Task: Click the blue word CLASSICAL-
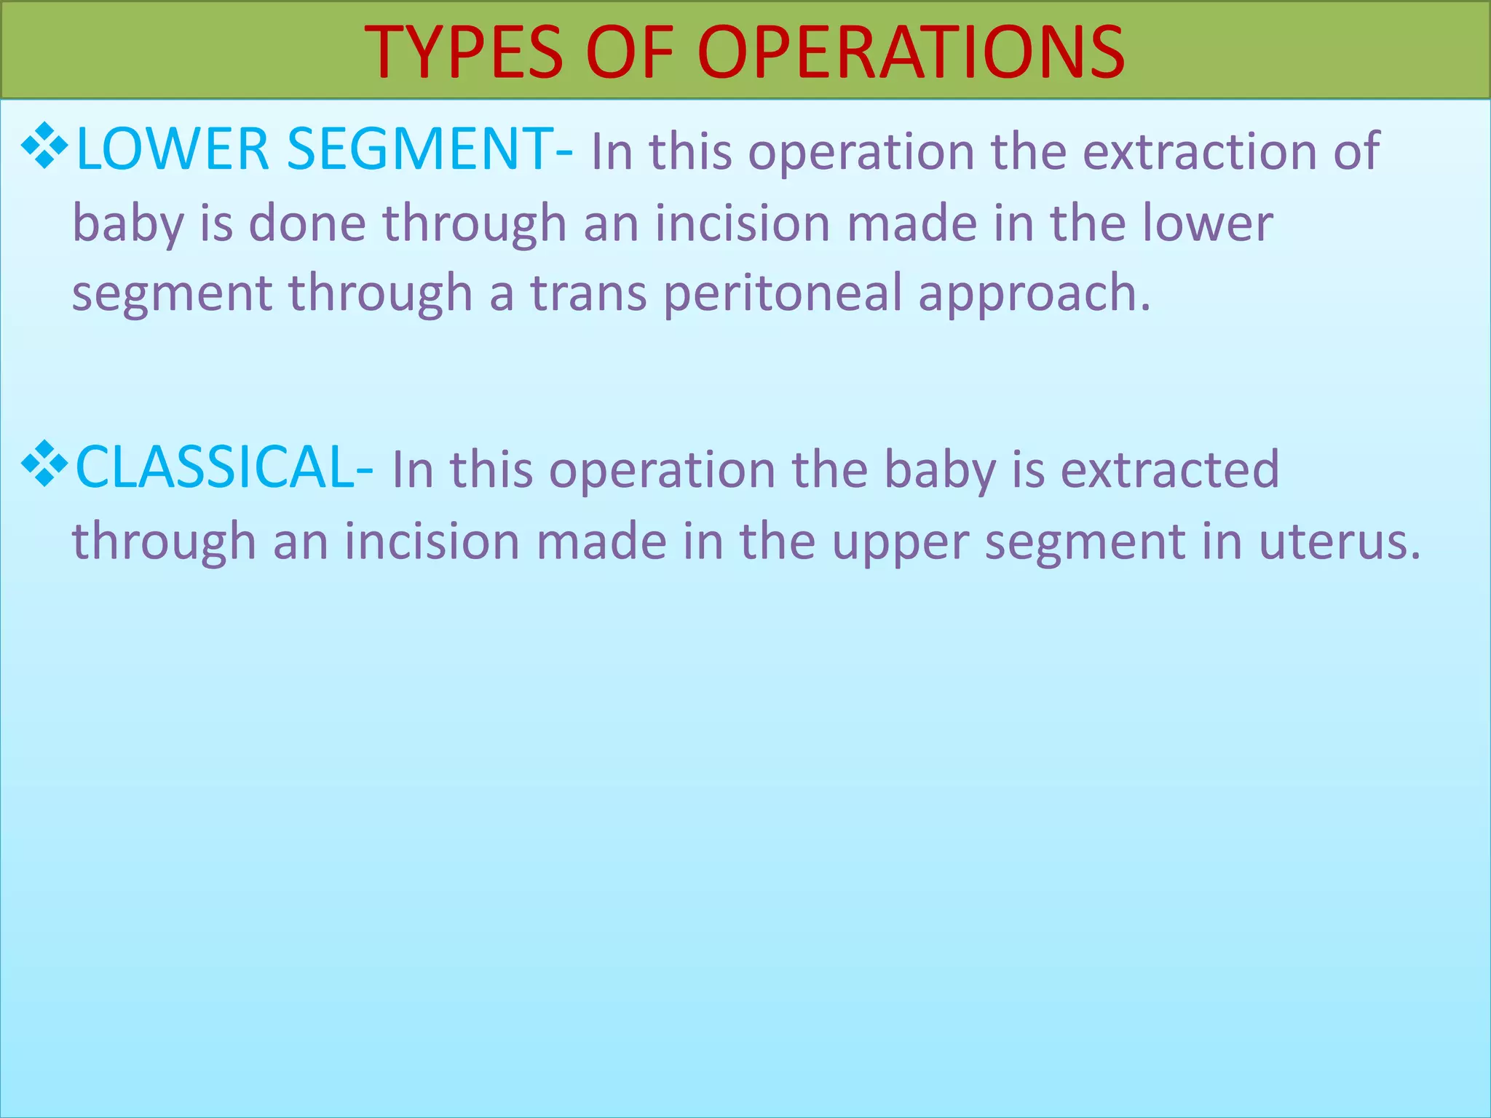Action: [x=225, y=467]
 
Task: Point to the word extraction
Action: [x=1200, y=151]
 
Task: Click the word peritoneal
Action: [x=783, y=293]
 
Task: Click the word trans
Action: [x=588, y=293]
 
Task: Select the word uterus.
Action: [x=1340, y=542]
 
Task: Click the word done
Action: [x=307, y=223]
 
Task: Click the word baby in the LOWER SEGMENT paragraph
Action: [x=128, y=224]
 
